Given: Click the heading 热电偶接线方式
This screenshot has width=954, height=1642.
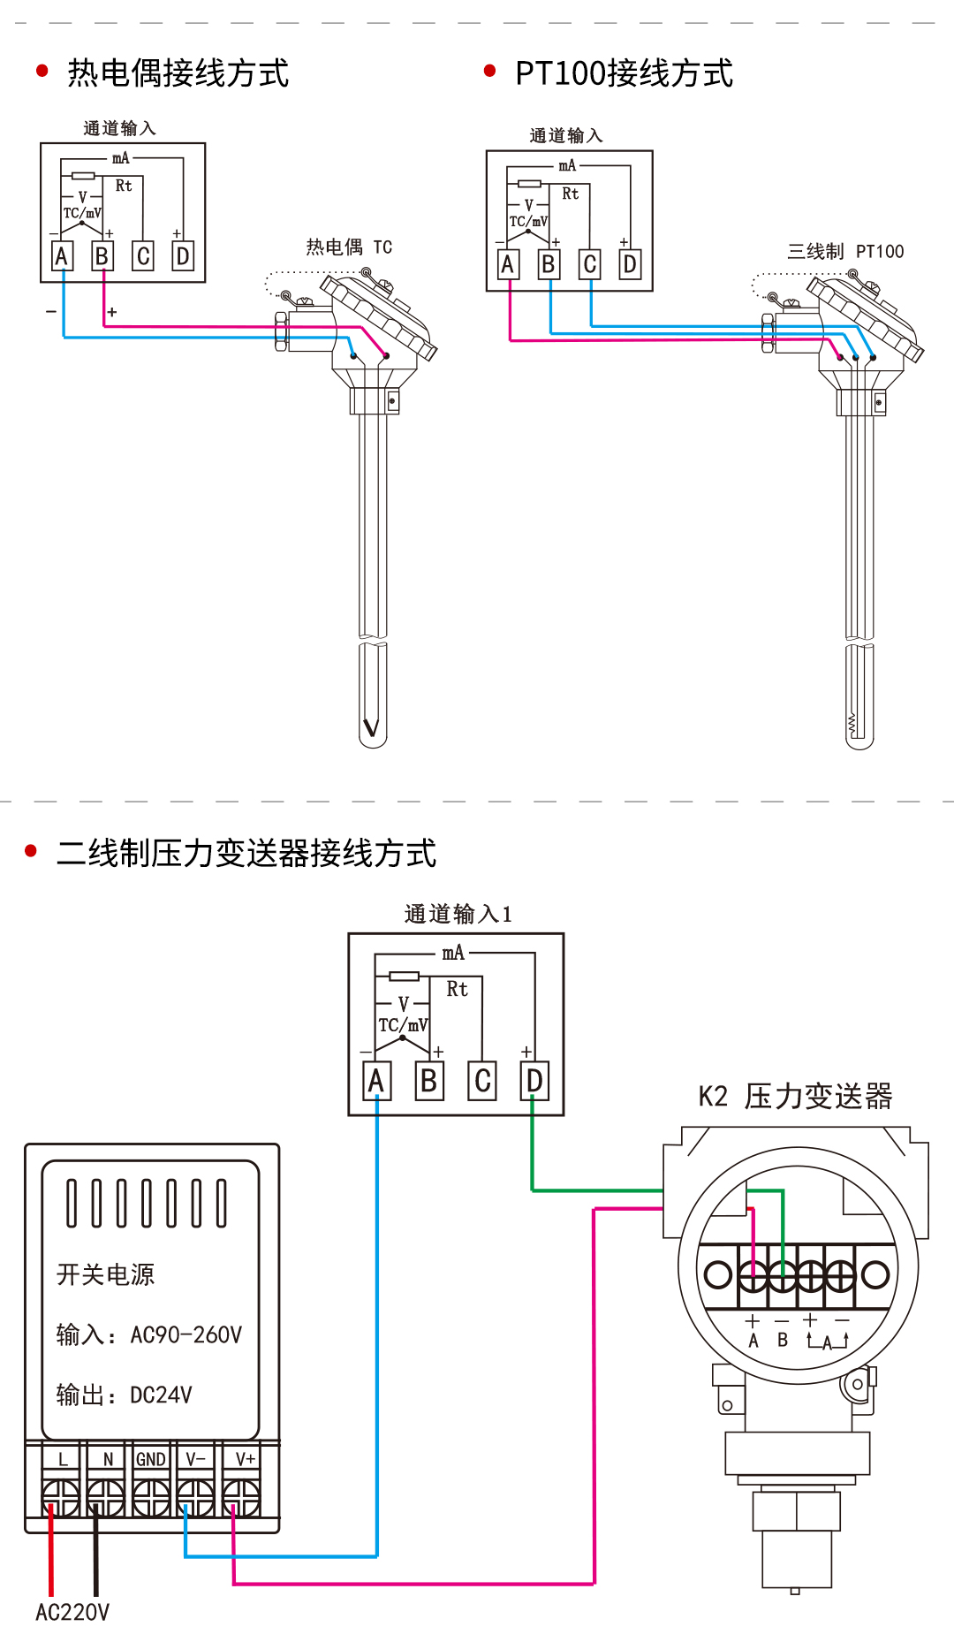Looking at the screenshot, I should click(x=177, y=73).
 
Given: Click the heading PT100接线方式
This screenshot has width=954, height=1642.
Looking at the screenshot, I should click(x=624, y=73).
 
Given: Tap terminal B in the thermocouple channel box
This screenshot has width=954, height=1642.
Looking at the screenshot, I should click(x=102, y=256).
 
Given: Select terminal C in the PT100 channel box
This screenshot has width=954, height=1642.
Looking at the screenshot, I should click(x=590, y=264).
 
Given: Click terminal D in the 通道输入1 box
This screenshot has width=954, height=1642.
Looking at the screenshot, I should click(x=534, y=1081).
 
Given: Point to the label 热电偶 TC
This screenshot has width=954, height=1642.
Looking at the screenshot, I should click(x=349, y=247).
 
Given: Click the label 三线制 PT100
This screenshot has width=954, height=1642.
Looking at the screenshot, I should click(x=845, y=252).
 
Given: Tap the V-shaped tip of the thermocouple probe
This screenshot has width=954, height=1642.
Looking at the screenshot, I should click(x=372, y=726).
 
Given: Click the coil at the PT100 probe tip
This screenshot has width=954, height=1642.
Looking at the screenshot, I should click(x=852, y=725).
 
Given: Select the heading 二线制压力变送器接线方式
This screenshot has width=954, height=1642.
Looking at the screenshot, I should click(x=246, y=854).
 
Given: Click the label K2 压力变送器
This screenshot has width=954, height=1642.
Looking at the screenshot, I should click(x=795, y=1097).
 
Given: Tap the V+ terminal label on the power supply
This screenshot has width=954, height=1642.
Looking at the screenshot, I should click(x=245, y=1459).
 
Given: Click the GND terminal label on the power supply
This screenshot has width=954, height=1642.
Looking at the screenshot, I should click(x=151, y=1459).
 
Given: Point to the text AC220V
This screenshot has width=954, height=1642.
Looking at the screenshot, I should click(x=72, y=1613).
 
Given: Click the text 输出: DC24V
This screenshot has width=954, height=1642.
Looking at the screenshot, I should click(x=125, y=1395).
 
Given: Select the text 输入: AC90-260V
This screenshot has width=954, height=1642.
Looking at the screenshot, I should click(x=149, y=1334).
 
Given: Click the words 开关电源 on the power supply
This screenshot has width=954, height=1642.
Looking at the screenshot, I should click(x=105, y=1274).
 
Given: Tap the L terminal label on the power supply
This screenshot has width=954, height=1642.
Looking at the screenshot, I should click(x=63, y=1459).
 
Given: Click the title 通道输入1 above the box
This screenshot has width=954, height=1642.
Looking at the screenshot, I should click(x=458, y=914).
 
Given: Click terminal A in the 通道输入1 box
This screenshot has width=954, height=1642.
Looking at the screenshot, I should click(x=376, y=1081).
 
